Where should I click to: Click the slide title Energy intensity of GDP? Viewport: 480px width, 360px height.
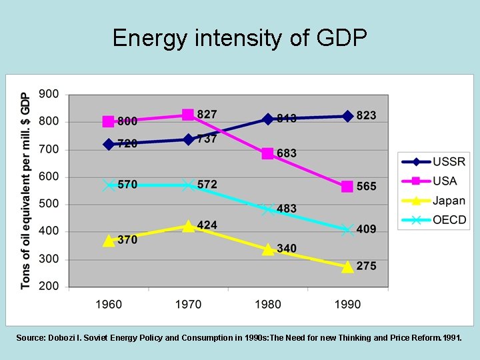(240, 38)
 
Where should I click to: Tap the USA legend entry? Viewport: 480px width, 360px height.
(433, 181)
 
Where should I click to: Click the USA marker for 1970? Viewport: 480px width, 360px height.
(188, 115)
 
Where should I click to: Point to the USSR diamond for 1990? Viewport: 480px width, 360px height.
(347, 116)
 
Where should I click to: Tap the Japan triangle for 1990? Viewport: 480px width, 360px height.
(347, 266)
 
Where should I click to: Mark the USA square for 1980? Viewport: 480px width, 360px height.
(268, 154)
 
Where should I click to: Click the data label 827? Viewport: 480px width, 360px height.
(207, 115)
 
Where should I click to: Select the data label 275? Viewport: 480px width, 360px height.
(366, 266)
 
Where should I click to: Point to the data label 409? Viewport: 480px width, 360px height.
(366, 229)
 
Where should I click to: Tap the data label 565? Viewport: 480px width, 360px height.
(366, 187)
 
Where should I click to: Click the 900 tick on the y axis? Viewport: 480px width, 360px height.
(49, 94)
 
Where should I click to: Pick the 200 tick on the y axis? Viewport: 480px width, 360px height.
(49, 286)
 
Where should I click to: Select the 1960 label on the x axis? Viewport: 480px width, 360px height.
(109, 304)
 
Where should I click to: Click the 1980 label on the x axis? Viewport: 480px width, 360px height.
(268, 304)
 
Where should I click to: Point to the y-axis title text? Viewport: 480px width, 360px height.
(25, 190)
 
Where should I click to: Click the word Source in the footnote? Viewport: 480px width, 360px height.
(30, 338)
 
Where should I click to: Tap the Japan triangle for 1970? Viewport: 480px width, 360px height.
(188, 226)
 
